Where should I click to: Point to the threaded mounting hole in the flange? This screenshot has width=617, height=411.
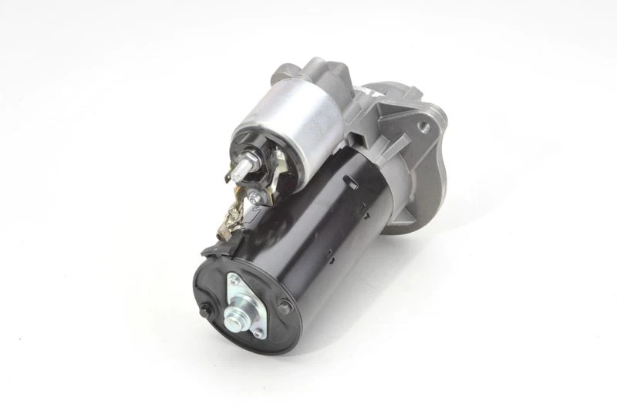tap(423, 121)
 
